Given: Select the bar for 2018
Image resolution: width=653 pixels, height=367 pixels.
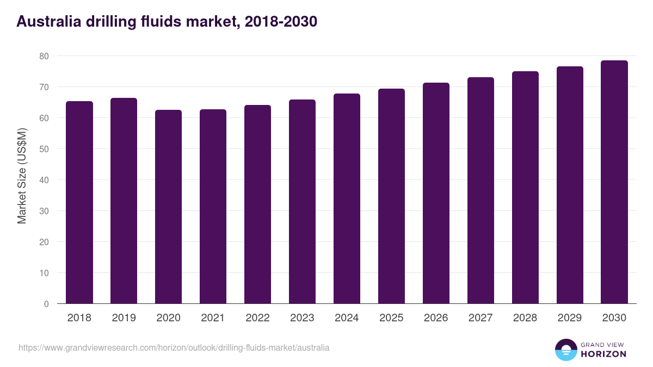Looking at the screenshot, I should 79,202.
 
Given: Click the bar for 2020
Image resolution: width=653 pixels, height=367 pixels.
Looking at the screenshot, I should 169,207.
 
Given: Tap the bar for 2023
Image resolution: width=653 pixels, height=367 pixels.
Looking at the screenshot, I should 302,202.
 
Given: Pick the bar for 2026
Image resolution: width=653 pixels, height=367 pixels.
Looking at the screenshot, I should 436,193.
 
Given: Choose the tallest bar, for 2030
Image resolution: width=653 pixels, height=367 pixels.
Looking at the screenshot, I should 614,182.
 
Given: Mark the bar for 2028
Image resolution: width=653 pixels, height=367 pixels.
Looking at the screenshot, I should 525,188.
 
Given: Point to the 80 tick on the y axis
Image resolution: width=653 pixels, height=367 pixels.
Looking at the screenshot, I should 44,56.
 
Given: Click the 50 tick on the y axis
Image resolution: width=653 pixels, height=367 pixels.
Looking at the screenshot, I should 44,149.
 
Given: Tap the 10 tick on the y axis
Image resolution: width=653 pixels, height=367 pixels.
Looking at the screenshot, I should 44,273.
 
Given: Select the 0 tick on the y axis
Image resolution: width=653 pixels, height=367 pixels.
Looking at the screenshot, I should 46,304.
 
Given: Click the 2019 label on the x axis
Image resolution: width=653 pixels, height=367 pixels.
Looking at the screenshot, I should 124,318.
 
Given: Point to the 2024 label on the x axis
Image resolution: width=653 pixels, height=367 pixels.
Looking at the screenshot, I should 347,318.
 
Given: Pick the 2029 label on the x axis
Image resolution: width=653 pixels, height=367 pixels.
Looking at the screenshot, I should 570,318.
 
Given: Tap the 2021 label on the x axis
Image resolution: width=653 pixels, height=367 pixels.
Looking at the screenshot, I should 213,318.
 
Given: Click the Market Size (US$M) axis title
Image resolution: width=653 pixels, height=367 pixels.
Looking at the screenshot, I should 22,176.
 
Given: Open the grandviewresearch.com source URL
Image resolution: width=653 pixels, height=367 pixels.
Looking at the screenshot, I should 174,347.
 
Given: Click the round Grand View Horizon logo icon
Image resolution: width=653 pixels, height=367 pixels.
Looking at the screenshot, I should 566,350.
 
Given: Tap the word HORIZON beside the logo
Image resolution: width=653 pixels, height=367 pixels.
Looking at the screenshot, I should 603,354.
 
